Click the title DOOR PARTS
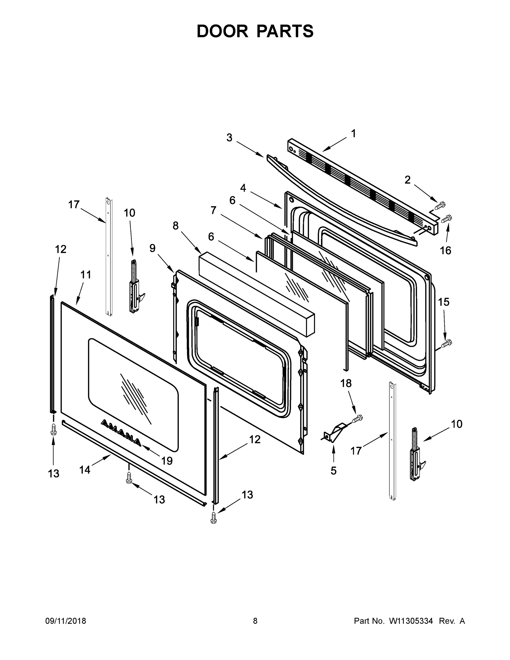click(x=255, y=31)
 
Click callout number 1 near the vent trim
click(x=353, y=134)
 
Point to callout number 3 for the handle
click(x=229, y=137)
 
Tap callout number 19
click(x=167, y=461)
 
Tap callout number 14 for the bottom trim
click(x=85, y=470)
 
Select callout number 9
click(x=153, y=248)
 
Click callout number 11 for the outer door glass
click(x=86, y=275)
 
